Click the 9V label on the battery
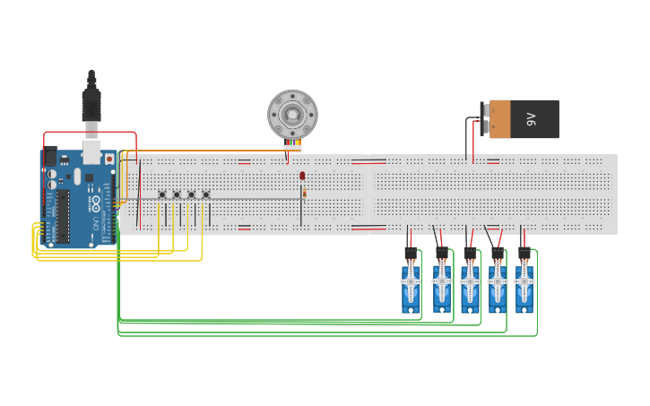(530, 118)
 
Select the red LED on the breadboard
(302, 176)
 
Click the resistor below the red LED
(303, 193)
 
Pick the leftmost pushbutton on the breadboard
(162, 194)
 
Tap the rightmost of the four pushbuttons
(206, 194)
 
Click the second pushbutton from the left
(177, 194)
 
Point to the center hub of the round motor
(292, 114)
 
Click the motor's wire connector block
(292, 145)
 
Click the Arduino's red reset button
(109, 159)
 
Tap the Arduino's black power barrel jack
(50, 157)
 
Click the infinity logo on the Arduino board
(95, 199)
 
